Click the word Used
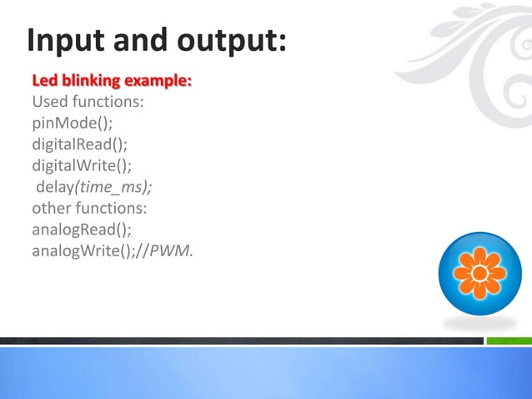(49, 104)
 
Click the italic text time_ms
(113, 187)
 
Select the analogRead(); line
(82, 229)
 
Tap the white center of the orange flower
(479, 273)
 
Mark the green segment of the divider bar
(509, 341)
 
